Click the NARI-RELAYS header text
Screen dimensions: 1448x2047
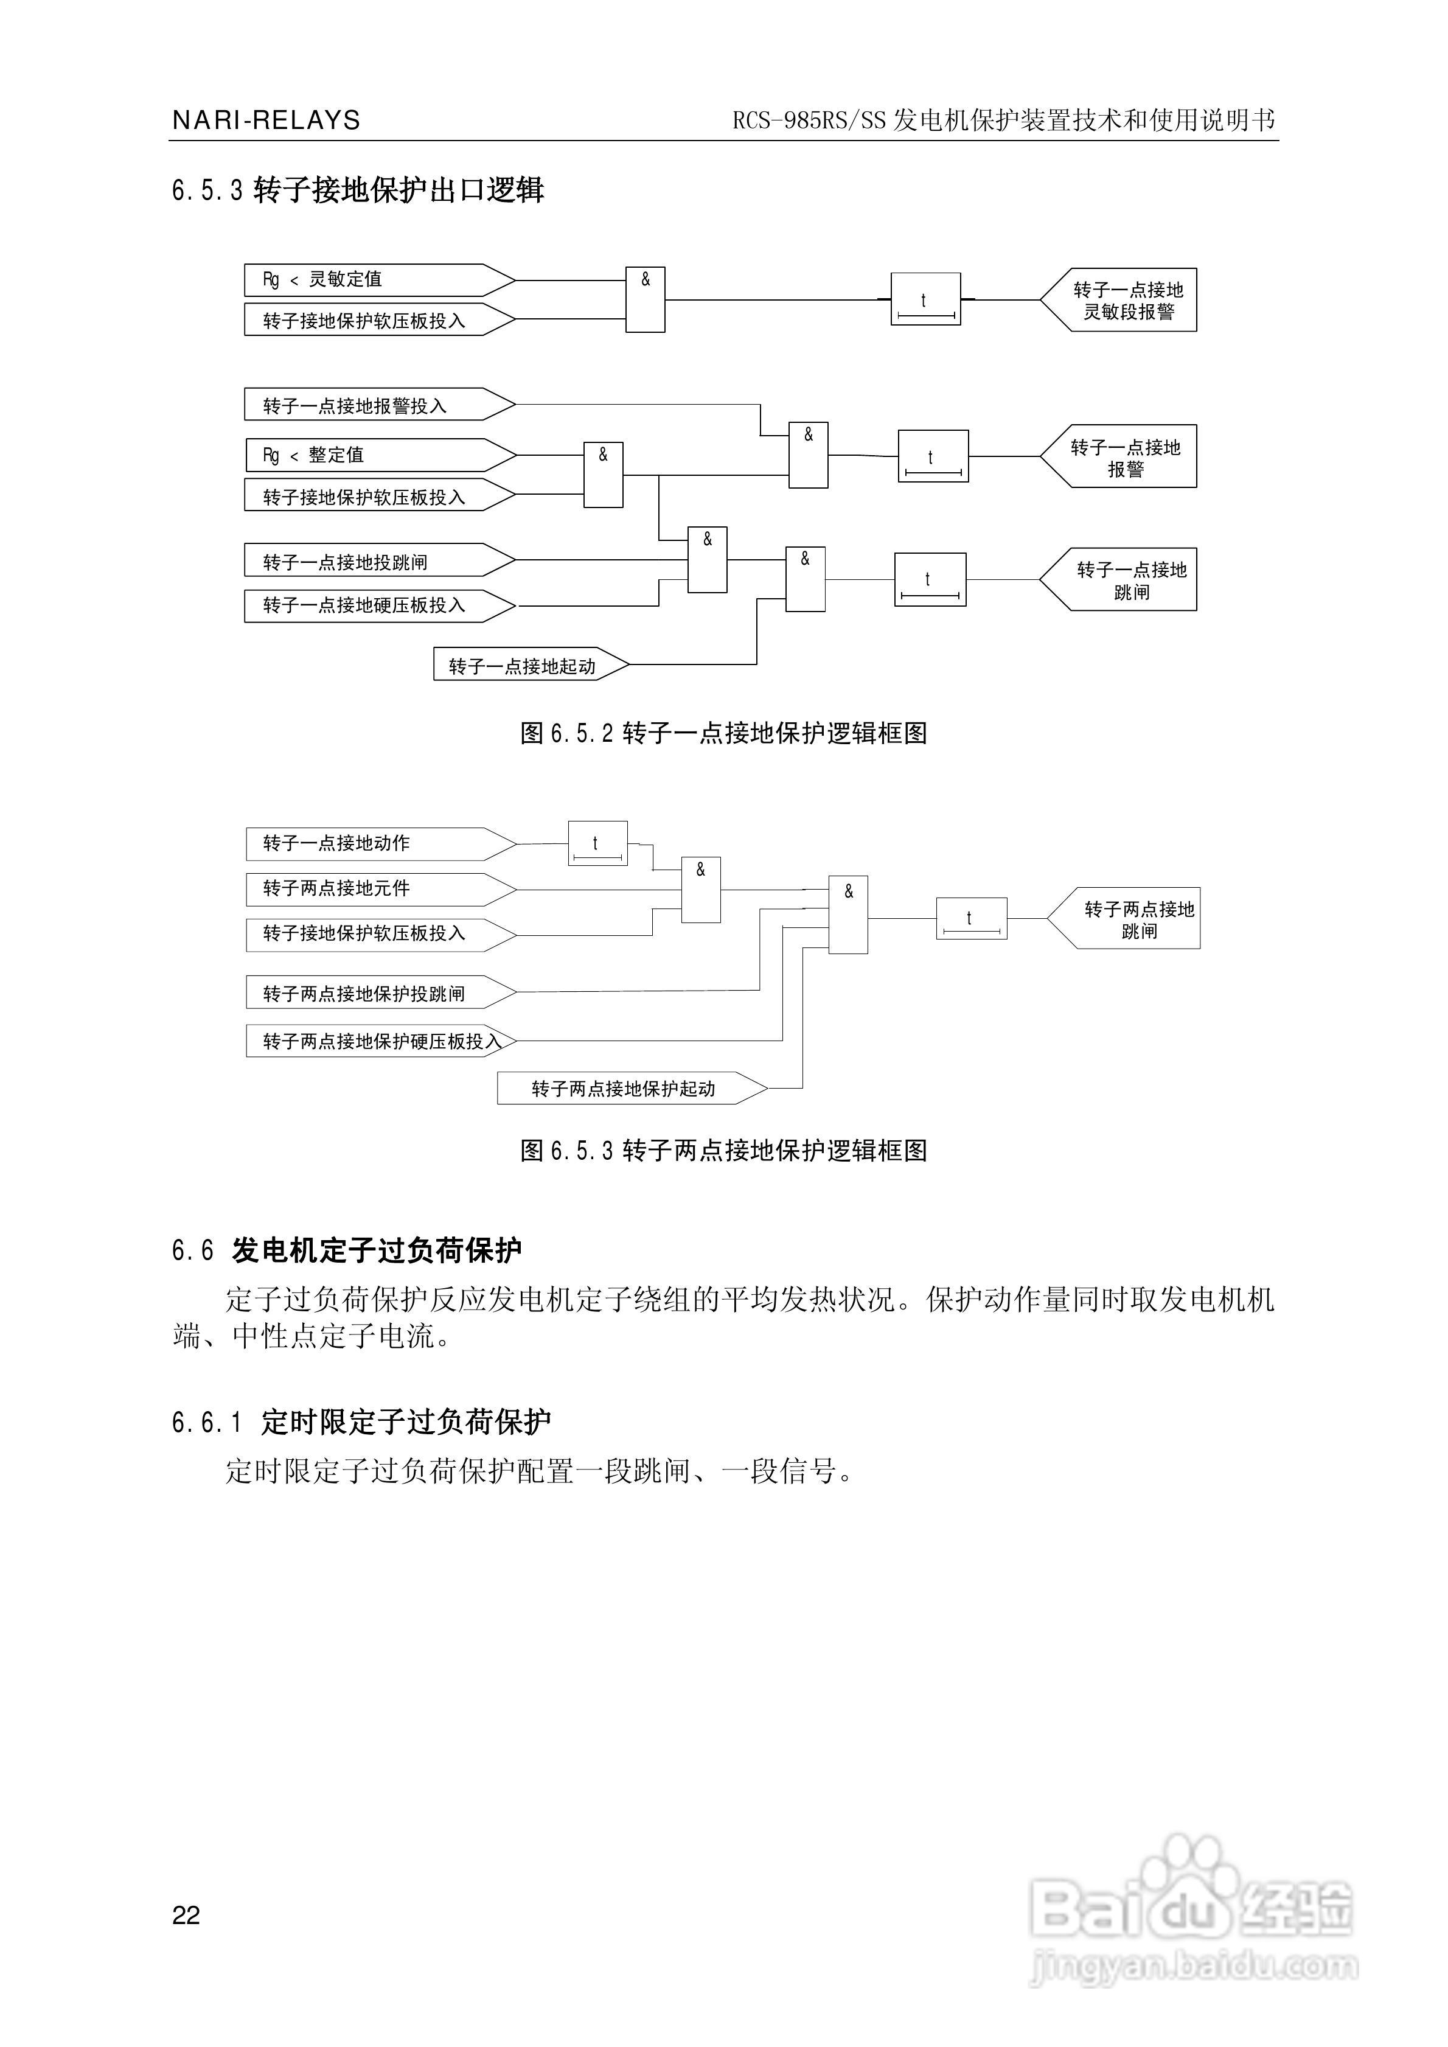click(266, 120)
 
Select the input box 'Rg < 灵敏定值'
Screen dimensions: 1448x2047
click(380, 280)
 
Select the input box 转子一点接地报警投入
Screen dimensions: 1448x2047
click(380, 405)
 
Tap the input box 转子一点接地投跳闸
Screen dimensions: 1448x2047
click(380, 561)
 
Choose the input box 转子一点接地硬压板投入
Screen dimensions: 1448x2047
click(380, 605)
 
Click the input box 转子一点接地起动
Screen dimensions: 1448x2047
click(531, 665)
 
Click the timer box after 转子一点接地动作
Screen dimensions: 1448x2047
click(597, 843)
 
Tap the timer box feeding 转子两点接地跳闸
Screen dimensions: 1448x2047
click(972, 918)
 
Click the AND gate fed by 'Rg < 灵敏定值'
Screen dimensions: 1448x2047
click(646, 299)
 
